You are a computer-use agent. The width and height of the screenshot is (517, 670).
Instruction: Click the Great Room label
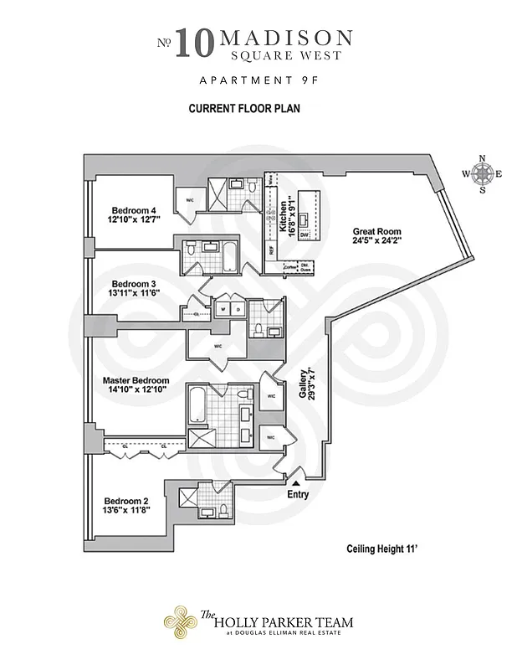click(x=376, y=236)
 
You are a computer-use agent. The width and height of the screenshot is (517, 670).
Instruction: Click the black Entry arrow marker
click(x=294, y=483)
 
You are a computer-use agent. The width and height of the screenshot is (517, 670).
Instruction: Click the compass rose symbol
click(x=482, y=174)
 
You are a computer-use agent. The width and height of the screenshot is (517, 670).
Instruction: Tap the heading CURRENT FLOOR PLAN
click(x=244, y=109)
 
